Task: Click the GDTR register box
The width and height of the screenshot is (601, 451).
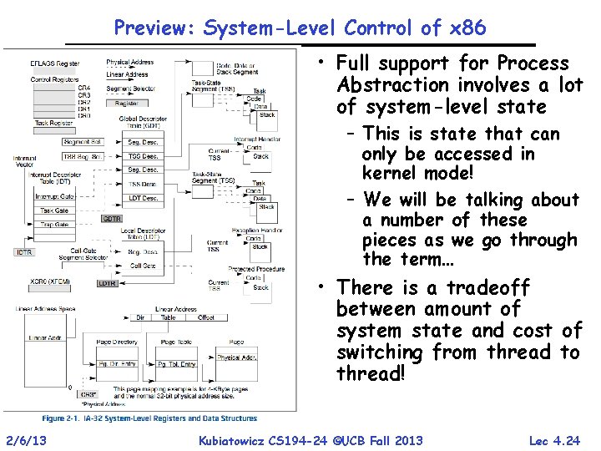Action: click(x=112, y=218)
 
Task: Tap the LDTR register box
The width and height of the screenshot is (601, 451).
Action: click(x=108, y=283)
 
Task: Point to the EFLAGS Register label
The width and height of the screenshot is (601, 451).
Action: click(x=55, y=63)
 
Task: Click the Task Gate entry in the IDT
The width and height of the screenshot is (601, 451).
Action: click(x=54, y=210)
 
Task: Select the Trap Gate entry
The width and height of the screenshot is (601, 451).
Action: click(x=54, y=225)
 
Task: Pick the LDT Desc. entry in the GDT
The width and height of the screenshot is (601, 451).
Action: click(x=144, y=198)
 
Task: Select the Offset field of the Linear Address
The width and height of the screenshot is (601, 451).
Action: click(x=205, y=317)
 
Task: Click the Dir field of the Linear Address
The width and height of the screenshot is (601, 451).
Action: click(x=140, y=317)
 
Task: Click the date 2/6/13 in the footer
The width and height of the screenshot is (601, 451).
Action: click(x=24, y=440)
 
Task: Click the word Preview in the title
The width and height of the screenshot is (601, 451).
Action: click(x=153, y=28)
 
